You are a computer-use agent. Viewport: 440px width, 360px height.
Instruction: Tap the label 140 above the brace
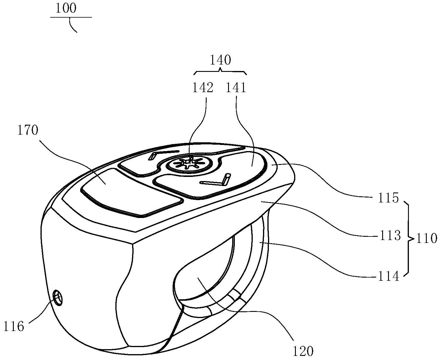click(x=220, y=60)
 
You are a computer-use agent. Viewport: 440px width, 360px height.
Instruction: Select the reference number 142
click(x=203, y=87)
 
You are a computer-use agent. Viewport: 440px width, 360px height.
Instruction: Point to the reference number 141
click(x=236, y=87)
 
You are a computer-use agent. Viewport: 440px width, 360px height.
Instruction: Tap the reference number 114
click(x=389, y=276)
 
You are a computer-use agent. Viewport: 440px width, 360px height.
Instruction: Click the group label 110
click(x=426, y=239)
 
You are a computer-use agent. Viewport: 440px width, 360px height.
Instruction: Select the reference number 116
click(x=14, y=326)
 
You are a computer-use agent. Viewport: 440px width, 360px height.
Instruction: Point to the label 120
click(x=303, y=351)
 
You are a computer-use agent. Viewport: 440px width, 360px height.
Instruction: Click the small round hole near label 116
click(x=58, y=298)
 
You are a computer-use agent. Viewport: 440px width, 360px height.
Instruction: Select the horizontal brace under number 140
click(x=220, y=71)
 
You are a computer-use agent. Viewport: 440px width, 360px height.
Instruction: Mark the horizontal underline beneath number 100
click(x=71, y=17)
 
